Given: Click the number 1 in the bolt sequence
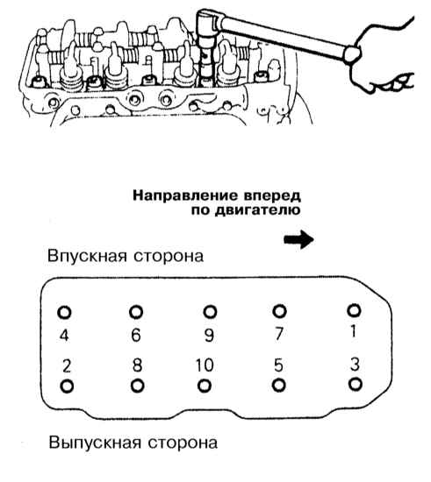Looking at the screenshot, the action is [x=354, y=331].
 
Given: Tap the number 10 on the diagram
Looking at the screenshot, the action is [x=205, y=365].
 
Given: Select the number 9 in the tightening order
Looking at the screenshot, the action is [x=209, y=335].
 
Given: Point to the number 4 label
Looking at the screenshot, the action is [x=64, y=335].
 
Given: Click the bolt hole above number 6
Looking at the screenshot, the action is [x=136, y=312].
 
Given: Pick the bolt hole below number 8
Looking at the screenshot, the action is [x=137, y=386].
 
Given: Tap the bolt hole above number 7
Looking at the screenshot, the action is [x=279, y=311].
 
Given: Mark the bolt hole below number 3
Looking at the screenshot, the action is [x=356, y=384].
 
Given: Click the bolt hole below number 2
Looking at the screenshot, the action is [x=67, y=386].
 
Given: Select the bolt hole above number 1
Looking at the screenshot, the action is [x=354, y=310].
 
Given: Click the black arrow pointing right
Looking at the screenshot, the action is [x=298, y=239].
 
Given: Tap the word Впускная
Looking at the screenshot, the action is [x=87, y=256].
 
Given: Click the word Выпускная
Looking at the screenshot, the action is [x=95, y=443].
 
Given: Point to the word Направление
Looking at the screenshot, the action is [x=185, y=195].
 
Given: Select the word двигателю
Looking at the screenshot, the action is [x=257, y=211].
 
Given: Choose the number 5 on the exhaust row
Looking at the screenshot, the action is [x=278, y=365].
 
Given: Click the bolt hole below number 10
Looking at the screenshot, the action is [x=205, y=386].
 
